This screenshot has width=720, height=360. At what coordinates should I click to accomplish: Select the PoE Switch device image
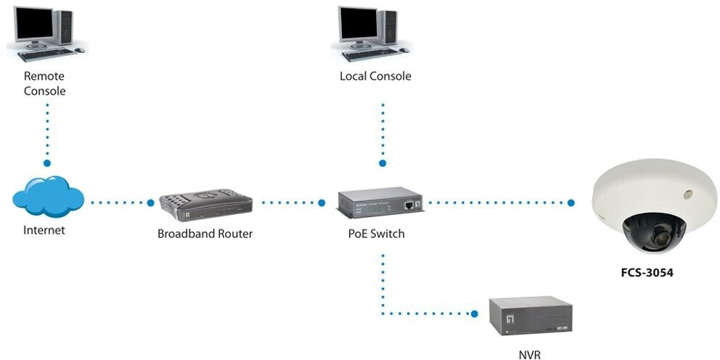coord(380,205)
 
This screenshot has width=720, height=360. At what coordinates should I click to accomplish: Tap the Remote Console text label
coord(44,83)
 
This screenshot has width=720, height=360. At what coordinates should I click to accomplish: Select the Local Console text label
coord(375,76)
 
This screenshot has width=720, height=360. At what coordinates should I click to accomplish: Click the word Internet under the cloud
coord(44,231)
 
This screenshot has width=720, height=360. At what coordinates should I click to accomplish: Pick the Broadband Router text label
coord(205,234)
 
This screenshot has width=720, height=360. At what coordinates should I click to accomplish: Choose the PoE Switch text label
coord(376,234)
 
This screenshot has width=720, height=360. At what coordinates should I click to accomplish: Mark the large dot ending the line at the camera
coord(571,203)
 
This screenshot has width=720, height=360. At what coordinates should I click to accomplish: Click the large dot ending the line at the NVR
coord(475,314)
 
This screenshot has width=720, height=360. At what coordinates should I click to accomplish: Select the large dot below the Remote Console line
coord(48,164)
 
